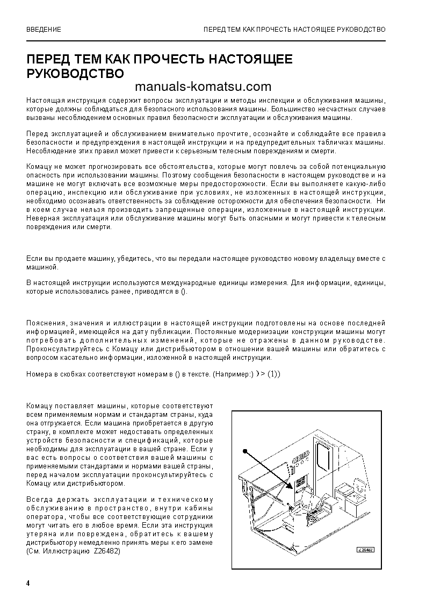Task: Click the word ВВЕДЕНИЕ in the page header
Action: point(44,29)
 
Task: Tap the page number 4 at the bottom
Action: point(28,584)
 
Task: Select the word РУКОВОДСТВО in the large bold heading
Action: point(75,73)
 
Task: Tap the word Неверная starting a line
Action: point(41,218)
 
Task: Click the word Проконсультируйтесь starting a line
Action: point(60,349)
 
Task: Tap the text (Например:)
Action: point(232,374)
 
